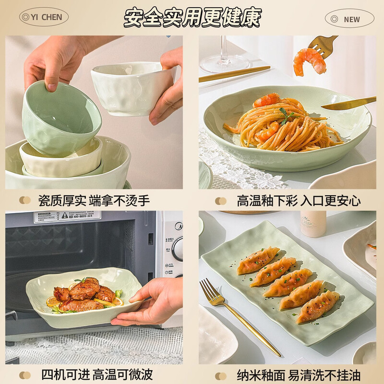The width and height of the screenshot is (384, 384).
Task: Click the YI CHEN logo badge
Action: (44, 17)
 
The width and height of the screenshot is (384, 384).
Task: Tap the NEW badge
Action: (349, 19)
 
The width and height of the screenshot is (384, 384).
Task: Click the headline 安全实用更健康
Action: (192, 17)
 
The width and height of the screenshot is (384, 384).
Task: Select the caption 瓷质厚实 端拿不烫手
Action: (94, 201)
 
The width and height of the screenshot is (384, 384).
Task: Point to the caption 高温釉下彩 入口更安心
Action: (298, 201)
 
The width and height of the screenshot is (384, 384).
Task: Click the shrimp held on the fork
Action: (309, 61)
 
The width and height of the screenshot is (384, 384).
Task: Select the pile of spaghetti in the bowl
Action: (283, 125)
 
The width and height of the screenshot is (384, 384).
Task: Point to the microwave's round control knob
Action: (178, 249)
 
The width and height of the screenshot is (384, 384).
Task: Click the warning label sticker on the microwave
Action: (67, 216)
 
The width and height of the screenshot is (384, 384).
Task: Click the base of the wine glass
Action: (224, 64)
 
